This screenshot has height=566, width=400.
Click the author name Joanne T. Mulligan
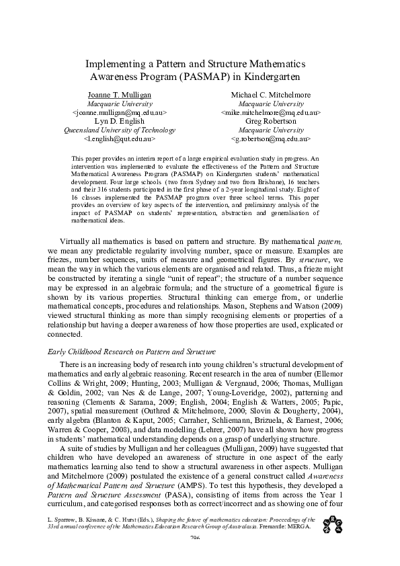[120, 95]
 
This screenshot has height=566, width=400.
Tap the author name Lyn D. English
[119, 121]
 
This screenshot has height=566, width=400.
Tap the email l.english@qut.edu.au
[119, 138]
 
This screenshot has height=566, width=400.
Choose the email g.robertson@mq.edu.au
[271, 138]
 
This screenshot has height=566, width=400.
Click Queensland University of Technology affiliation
[119, 130]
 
